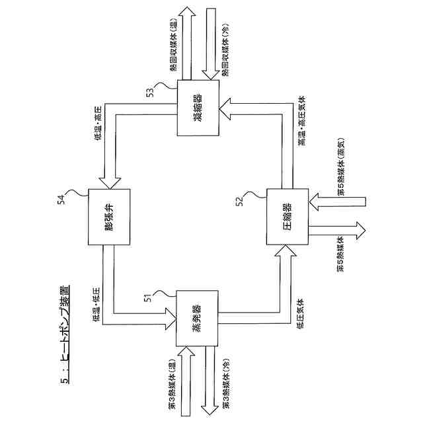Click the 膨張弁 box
pos(108,217)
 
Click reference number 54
pos(60,198)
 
